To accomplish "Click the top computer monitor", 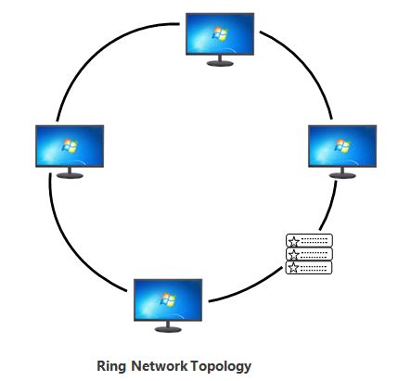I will tap(220, 34).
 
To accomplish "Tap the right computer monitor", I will tap(340, 146).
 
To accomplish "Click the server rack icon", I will tap(308, 255).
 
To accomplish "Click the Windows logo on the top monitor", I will tap(220, 33).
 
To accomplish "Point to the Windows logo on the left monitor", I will tap(67, 145).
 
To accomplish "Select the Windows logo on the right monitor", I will tap(340, 146).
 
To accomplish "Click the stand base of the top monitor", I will tap(220, 64).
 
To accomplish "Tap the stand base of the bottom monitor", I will tap(168, 329).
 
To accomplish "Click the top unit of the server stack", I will tap(308, 241).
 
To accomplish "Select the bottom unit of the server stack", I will tap(308, 268).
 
